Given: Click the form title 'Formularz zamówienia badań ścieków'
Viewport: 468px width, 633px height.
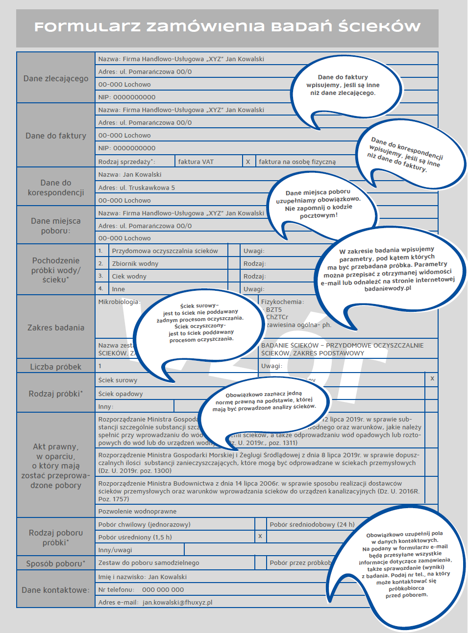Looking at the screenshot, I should pyautogui.click(x=227, y=26).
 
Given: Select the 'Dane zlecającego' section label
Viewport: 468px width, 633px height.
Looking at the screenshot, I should pyautogui.click(x=56, y=78).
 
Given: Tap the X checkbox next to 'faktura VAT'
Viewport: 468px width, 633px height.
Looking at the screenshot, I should pyautogui.click(x=248, y=162).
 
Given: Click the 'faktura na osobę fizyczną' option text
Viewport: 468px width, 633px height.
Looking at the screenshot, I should pyautogui.click(x=297, y=162).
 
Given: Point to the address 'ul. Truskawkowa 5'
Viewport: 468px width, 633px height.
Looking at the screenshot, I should pyautogui.click(x=147, y=188).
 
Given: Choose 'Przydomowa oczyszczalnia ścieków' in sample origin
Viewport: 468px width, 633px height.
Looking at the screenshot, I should pyautogui.click(x=165, y=251).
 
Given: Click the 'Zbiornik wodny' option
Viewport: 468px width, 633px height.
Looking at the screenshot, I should pyautogui.click(x=135, y=263).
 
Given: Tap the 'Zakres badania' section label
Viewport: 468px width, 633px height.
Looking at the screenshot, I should pyautogui.click(x=56, y=328).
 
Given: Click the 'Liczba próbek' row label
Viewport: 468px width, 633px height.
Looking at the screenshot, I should pyautogui.click(x=56, y=367).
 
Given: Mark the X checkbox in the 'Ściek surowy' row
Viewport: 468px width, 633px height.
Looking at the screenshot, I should pyautogui.click(x=432, y=378).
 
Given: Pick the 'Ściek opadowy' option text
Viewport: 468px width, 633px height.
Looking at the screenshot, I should pyautogui.click(x=121, y=394).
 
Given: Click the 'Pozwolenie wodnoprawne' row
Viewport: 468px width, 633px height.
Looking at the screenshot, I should pyautogui.click(x=137, y=511).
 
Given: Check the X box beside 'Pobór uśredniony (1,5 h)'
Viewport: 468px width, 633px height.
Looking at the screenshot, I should pyautogui.click(x=260, y=536).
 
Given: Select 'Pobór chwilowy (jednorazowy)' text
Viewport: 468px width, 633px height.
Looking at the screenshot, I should pyautogui.click(x=144, y=524).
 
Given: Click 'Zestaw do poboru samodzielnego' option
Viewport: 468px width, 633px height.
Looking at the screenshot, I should pyautogui.click(x=148, y=563).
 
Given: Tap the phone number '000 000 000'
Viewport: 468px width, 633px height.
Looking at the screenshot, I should pyautogui.click(x=163, y=589).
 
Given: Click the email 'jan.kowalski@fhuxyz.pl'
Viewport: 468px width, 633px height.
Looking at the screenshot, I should pyautogui.click(x=177, y=602).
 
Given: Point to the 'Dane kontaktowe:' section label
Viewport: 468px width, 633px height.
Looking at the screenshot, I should pyautogui.click(x=56, y=590).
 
